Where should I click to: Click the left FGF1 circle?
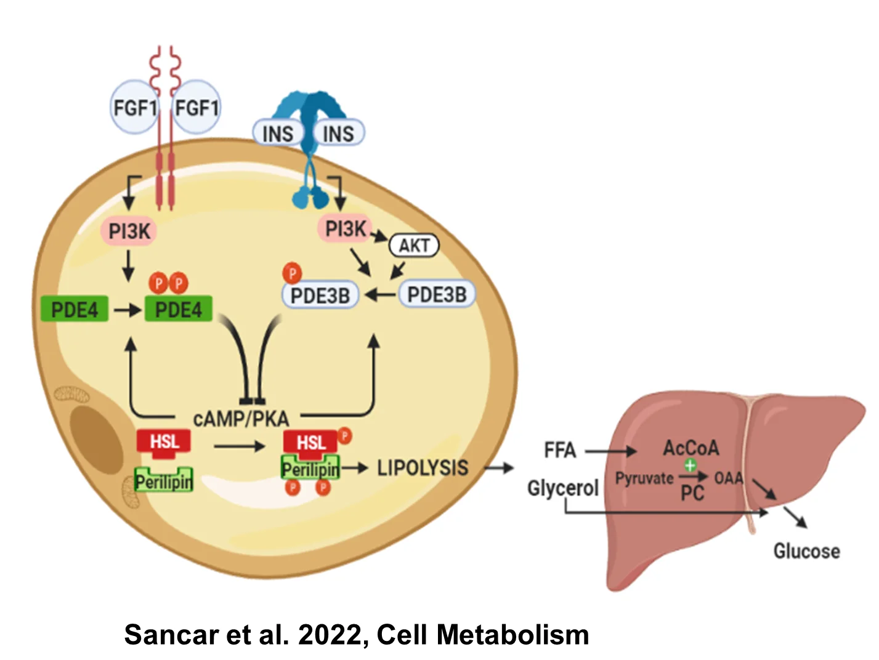134,107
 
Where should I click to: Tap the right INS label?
338,133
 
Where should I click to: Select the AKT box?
414,246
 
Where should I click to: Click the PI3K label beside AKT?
346,229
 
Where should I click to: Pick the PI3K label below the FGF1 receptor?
129,231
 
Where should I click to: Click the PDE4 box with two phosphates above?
178,309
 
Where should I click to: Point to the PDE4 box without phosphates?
75,309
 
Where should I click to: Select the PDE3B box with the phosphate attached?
320,296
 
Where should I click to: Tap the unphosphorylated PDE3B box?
437,294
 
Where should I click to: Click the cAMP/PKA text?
241,419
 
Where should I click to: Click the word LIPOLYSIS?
423,467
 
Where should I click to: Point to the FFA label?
560,449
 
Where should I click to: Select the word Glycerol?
562,488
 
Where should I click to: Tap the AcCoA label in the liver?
691,448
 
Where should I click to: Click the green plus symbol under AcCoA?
690,465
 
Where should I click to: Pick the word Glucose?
806,551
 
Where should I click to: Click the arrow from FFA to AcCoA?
610,451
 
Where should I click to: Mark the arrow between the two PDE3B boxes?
381,295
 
